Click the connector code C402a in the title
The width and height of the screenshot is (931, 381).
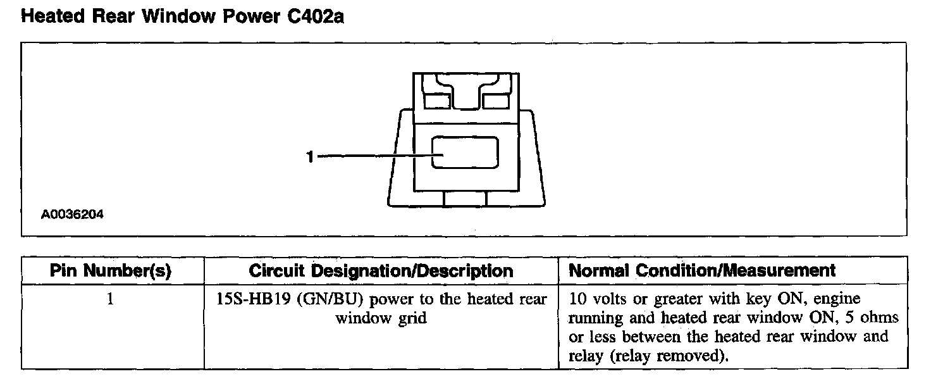(314, 17)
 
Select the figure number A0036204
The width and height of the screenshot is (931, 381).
(72, 215)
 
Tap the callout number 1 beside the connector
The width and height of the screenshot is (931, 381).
(310, 157)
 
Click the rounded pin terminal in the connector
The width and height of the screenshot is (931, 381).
(465, 153)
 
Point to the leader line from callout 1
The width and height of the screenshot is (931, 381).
(373, 156)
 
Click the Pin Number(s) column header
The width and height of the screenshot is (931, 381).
(112, 271)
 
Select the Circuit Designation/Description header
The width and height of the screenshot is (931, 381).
(381, 271)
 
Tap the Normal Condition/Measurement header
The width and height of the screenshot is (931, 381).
(702, 271)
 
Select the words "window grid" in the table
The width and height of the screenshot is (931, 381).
(381, 318)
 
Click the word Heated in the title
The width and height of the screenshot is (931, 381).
(51, 17)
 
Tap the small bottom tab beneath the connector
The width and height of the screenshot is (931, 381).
(465, 199)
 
